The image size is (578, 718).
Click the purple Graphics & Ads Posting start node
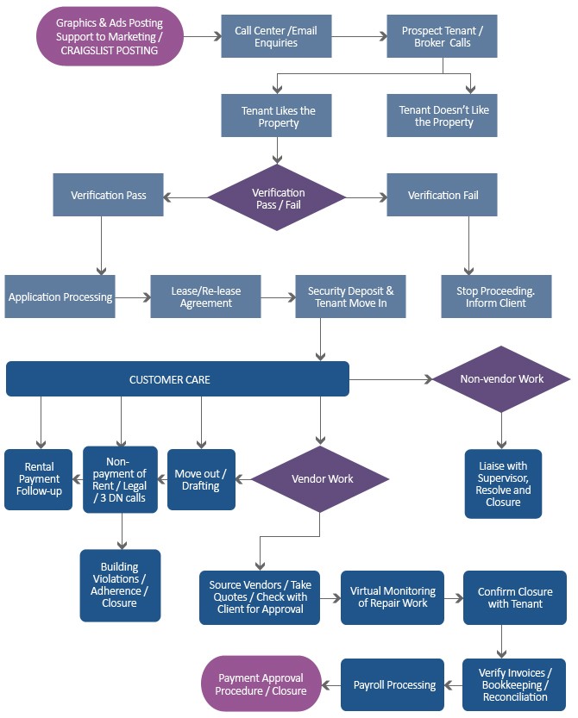point(110,36)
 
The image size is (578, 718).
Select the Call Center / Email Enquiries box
point(276,36)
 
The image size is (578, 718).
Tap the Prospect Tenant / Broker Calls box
point(442,36)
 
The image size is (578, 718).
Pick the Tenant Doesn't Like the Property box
point(442,116)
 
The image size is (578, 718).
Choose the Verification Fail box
point(442,195)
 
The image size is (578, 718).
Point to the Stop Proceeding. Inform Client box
point(495,297)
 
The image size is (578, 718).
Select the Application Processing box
point(60,297)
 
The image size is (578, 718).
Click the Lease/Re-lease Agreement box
point(205,297)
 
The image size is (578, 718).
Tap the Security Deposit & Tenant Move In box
point(350,297)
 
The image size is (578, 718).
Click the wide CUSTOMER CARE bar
point(177,379)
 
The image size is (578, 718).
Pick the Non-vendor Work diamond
point(501,378)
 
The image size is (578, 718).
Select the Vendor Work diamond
point(319,478)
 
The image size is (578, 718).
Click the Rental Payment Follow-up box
point(38,479)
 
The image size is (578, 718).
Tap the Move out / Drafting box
point(200,479)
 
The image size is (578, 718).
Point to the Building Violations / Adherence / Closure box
point(120,585)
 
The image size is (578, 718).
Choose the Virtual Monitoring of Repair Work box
point(392,597)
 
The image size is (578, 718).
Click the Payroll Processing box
point(393,684)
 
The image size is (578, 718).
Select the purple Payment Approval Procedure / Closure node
point(261,684)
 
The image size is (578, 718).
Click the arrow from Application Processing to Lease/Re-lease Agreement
point(133,297)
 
